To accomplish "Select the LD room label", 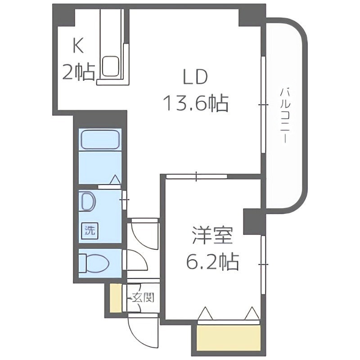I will (195, 77).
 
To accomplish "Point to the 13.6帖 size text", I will (195, 103).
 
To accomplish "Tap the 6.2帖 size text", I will (212, 261).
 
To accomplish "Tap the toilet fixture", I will (93, 262).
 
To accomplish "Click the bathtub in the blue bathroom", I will (100, 140).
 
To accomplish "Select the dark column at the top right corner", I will (252, 15).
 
